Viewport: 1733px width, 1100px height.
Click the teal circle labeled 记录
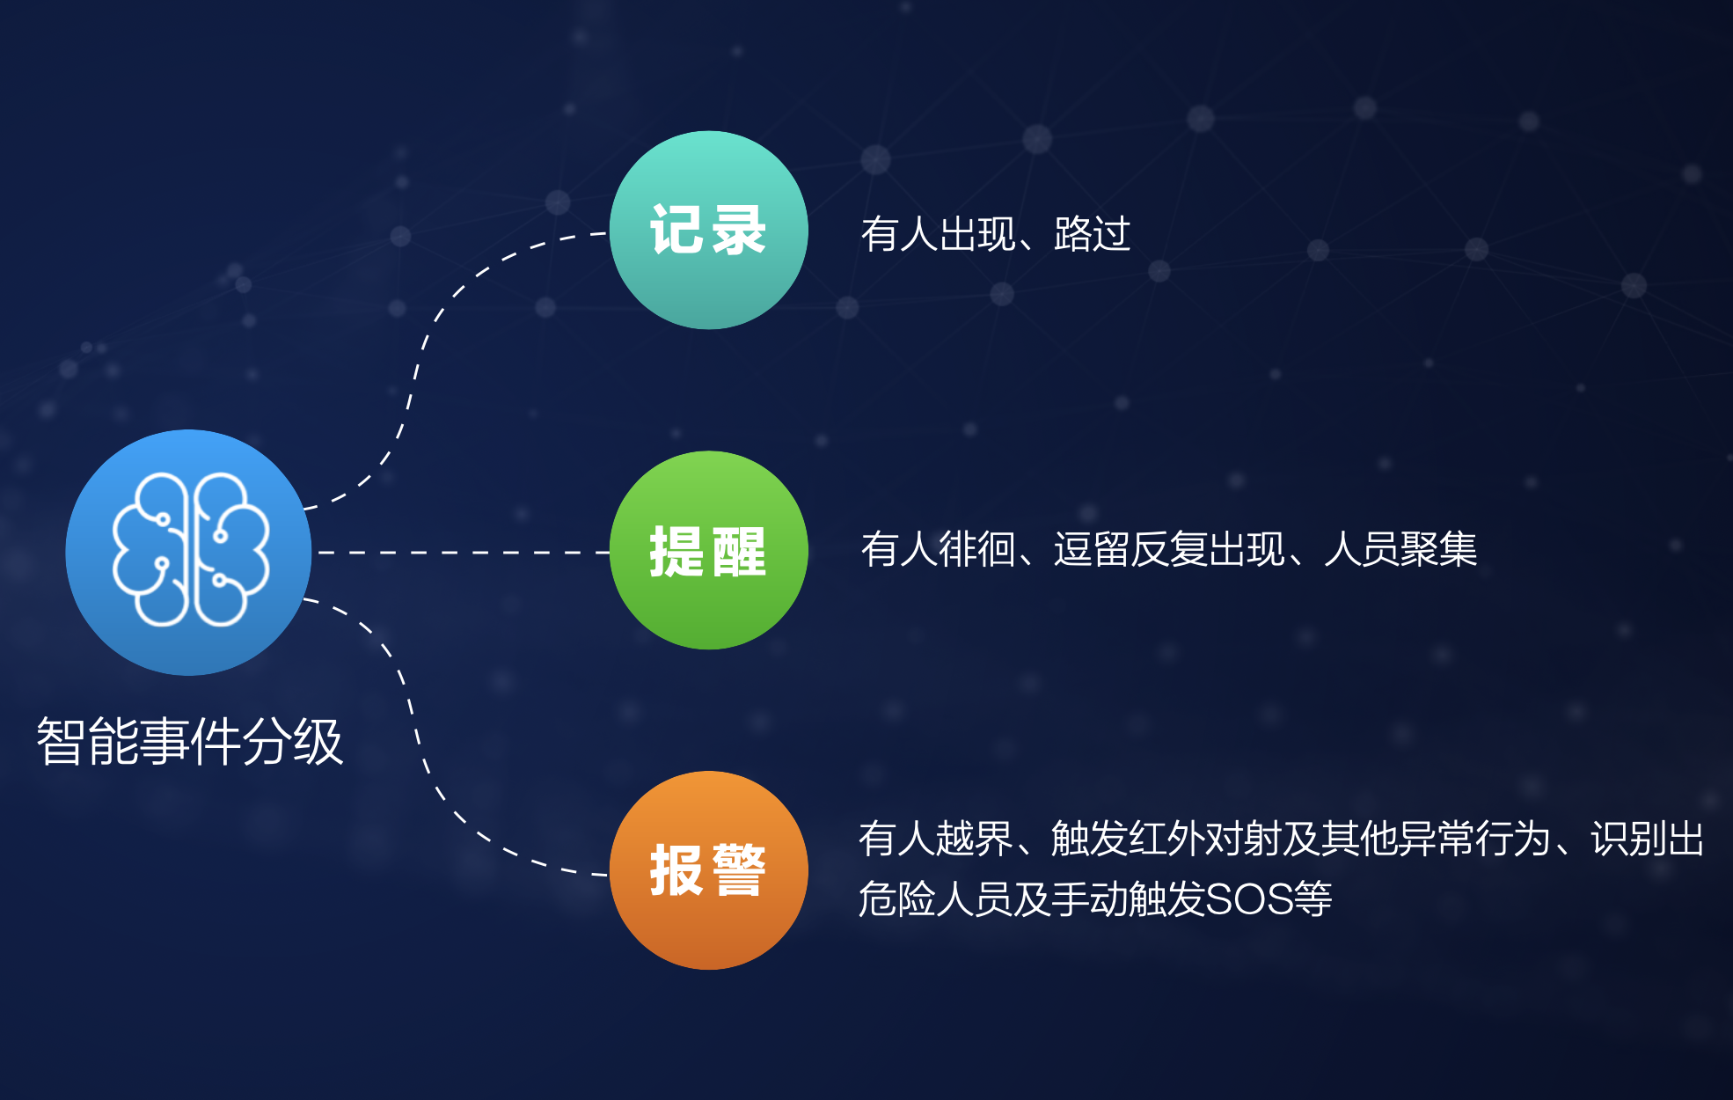point(708,231)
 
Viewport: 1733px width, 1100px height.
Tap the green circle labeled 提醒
point(708,551)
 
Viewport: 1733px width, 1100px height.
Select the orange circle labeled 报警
point(708,870)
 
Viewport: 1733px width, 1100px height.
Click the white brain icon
point(190,550)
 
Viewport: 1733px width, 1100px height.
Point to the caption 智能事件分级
point(189,741)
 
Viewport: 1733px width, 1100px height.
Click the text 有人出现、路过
point(995,234)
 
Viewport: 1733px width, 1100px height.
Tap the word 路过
point(1092,234)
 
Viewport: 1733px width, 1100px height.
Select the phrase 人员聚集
point(1400,549)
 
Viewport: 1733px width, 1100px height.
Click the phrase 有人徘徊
point(938,549)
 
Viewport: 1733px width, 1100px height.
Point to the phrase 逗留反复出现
point(1169,549)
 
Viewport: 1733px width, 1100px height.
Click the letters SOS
point(1248,899)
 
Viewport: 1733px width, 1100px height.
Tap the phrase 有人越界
point(935,839)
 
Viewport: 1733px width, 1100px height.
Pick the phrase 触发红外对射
point(1166,839)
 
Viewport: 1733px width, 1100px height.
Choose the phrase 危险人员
point(934,899)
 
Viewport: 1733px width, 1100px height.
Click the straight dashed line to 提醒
point(464,553)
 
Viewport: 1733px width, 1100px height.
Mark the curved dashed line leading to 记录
point(414,370)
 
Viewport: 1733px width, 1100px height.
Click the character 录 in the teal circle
point(739,231)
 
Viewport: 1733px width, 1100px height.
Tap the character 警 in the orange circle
point(739,870)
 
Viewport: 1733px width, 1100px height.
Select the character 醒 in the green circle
point(739,551)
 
